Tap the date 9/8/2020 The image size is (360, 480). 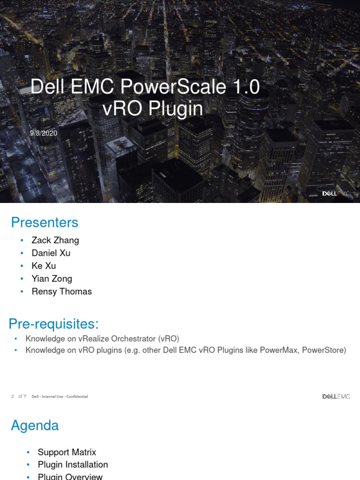44,133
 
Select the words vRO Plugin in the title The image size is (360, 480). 153,109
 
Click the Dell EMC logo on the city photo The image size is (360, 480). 336,193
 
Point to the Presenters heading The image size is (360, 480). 45,222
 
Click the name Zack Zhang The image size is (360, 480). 55,240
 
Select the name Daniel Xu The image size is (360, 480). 51,253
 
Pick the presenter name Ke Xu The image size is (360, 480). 44,266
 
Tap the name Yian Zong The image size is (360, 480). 52,278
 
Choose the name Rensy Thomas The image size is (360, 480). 61,291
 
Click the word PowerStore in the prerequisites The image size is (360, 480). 324,350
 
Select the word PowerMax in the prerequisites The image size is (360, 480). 269,350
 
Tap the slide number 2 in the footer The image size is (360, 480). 13,397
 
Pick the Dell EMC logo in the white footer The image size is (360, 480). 336,397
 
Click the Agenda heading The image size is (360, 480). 35,426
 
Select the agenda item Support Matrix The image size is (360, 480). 67,452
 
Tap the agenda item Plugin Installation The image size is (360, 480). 73,465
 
